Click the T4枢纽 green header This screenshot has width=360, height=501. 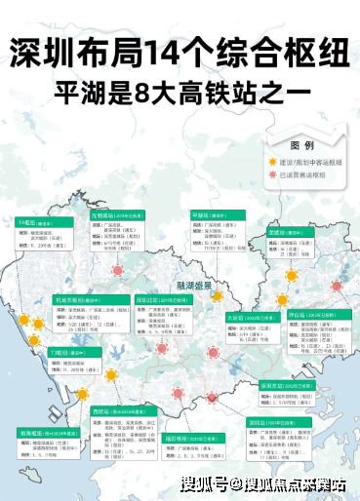point(33,223)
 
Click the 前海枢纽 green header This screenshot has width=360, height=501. point(39,431)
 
